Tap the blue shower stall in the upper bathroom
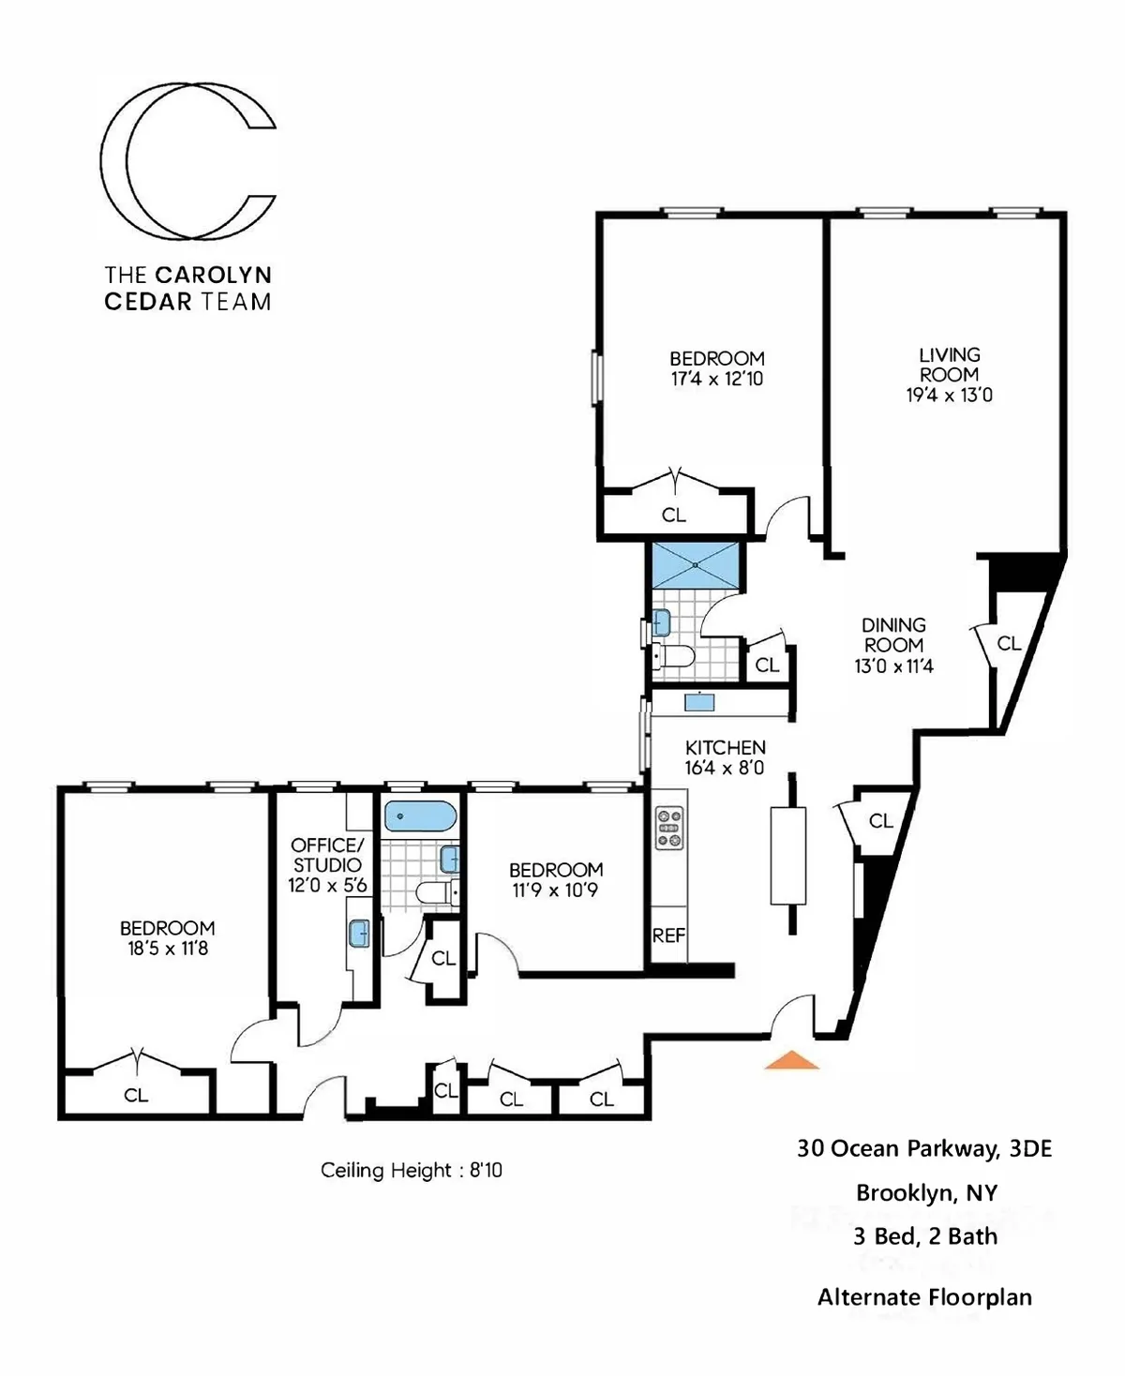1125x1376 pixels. pos(695,564)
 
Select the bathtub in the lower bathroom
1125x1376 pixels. pos(419,816)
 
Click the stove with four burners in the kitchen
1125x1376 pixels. pos(669,829)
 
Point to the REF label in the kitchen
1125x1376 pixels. pos(668,935)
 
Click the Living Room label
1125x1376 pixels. pos(949,365)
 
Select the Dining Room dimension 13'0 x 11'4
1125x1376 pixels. pos(893,666)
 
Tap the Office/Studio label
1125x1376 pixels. pos(326,855)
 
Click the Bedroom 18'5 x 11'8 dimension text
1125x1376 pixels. pos(168,949)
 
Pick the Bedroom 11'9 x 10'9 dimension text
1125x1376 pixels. pos(555,890)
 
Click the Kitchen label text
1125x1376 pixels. pos(725,747)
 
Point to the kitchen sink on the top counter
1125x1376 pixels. pos(699,701)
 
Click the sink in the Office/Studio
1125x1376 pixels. pos(358,934)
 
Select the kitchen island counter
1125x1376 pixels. pos(787,854)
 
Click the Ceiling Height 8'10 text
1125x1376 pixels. pos(411,1170)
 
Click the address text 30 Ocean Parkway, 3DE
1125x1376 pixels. pos(924,1148)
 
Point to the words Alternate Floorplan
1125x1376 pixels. pos(924,1297)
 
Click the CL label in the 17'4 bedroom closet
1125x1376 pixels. pos(673,515)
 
